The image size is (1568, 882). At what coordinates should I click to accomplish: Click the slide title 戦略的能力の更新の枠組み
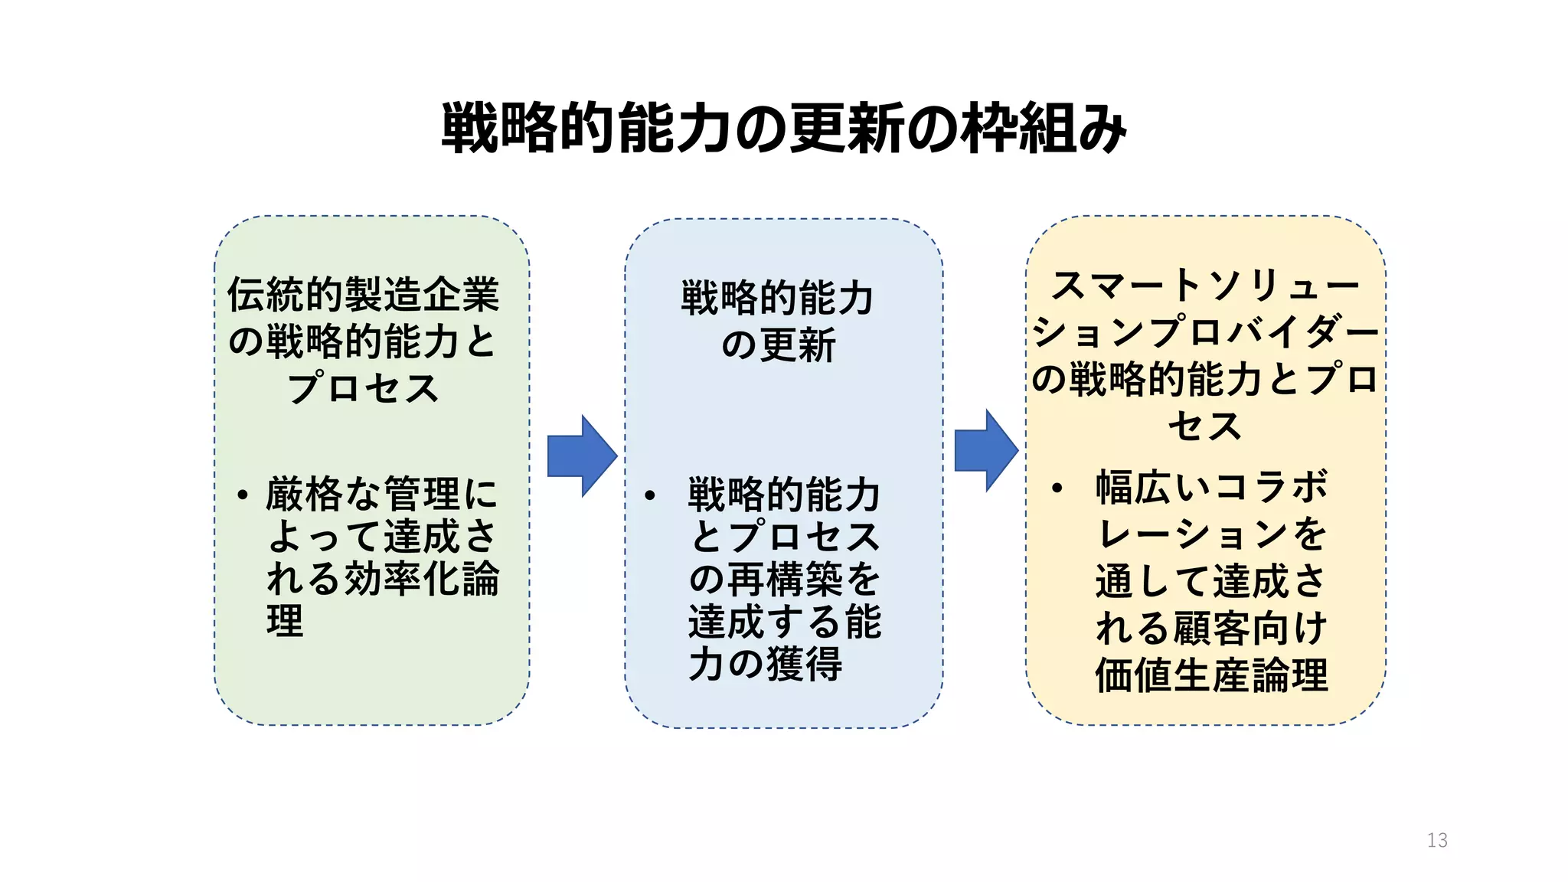[x=783, y=128]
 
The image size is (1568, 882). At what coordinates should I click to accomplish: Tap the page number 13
[x=1437, y=840]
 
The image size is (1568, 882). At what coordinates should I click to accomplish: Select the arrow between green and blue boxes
[x=580, y=456]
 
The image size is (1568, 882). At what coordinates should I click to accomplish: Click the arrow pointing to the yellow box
[x=985, y=450]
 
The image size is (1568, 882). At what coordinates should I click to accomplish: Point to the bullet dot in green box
[x=243, y=495]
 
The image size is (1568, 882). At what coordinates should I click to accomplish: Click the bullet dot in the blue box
[x=650, y=495]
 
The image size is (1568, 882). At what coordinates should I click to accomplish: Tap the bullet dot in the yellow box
[x=1057, y=488]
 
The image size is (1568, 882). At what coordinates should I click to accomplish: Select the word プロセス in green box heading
[x=363, y=387]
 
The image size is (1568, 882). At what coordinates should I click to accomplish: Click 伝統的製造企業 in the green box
[x=363, y=295]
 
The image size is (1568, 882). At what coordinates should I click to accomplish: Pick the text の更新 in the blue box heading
[x=778, y=345]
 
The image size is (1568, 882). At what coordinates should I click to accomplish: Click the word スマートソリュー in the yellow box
[x=1204, y=286]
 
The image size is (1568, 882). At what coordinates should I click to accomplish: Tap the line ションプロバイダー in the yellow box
[x=1204, y=332]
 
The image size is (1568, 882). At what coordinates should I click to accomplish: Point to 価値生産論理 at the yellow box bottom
[x=1211, y=675]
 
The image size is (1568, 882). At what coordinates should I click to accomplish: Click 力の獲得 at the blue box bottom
[x=766, y=663]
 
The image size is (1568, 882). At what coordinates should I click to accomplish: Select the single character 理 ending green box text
[x=285, y=620]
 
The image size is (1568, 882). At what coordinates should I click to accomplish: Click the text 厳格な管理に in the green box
[x=381, y=494]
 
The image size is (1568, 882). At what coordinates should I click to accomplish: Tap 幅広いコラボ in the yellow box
[x=1211, y=487]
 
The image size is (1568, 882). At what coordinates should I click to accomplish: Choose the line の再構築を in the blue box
[x=784, y=579]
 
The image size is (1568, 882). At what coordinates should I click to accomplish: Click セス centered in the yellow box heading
[x=1204, y=426]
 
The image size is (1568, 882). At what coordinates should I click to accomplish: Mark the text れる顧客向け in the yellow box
[x=1211, y=628]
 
